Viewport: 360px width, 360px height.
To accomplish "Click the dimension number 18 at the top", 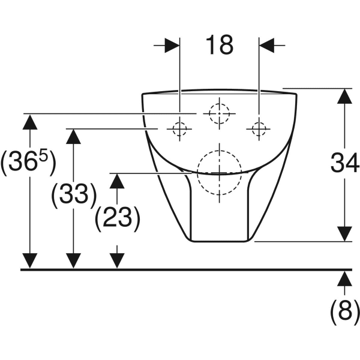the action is [220, 45].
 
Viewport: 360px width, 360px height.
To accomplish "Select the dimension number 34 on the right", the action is [345, 163].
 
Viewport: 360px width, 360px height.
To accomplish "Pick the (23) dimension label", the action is [118, 218].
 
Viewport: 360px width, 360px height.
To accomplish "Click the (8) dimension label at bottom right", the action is [344, 312].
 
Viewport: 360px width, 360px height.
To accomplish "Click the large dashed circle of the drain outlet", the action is [219, 173].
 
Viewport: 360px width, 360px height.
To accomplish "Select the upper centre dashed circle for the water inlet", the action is [219, 113].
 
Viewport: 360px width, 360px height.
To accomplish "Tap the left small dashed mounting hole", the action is [180, 129].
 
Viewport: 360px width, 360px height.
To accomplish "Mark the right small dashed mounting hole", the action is [259, 129].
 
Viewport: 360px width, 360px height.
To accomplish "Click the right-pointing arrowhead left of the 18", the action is [172, 45].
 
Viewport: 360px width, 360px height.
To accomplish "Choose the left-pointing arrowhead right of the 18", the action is [267, 45].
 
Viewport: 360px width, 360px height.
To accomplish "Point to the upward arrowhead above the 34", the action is [344, 96].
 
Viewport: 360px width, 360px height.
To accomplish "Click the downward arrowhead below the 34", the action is [344, 234].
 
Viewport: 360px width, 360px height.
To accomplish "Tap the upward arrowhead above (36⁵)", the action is [30, 122].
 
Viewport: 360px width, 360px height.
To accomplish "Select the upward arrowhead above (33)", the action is [73, 136].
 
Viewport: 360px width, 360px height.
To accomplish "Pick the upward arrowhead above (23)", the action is [117, 181].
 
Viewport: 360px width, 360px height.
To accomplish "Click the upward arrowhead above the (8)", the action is [344, 279].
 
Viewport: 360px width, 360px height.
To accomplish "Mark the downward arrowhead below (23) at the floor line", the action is [117, 261].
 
